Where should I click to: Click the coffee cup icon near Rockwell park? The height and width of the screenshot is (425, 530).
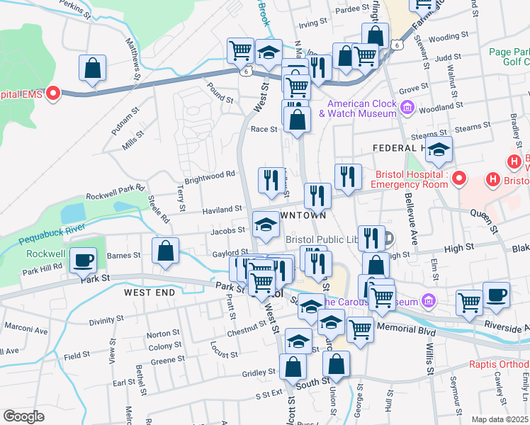point(84,259)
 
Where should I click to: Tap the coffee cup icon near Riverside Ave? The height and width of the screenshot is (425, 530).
point(496,294)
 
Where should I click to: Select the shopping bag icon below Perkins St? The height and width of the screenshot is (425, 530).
point(93,68)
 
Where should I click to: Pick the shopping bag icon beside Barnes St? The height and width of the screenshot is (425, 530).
point(165,251)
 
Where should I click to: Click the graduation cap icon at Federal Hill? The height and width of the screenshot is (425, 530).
point(439,149)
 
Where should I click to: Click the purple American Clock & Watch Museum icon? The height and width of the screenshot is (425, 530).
point(407,108)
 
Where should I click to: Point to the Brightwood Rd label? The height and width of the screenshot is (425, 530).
point(210,174)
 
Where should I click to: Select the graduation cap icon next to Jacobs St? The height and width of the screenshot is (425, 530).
point(266,225)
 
